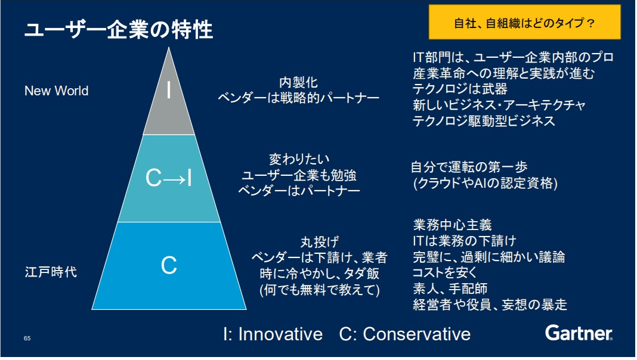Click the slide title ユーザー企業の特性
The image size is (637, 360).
118,29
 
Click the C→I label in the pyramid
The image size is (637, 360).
169,178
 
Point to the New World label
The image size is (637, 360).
56,91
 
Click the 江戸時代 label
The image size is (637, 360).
51,272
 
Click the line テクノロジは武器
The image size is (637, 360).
460,89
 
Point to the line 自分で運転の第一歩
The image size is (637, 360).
469,167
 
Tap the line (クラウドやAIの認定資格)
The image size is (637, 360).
485,184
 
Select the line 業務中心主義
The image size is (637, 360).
452,225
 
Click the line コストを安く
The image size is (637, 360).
445,273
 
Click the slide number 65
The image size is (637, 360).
27,339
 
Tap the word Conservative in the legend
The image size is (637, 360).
416,334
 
